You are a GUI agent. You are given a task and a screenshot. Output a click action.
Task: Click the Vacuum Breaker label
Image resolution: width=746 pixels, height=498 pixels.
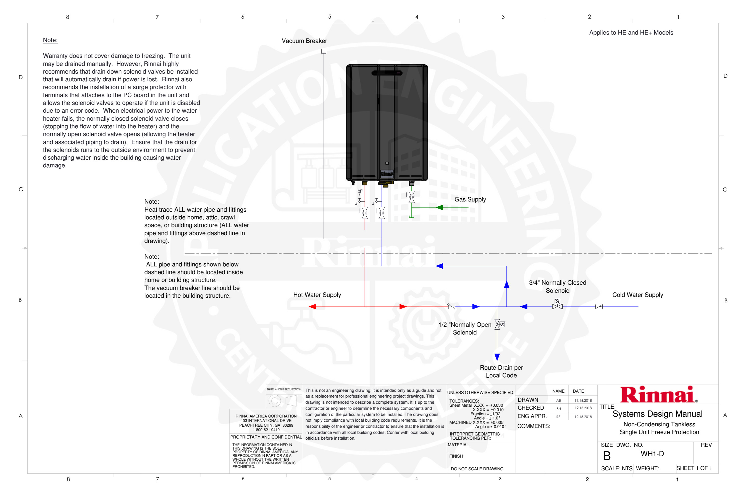click(x=304, y=41)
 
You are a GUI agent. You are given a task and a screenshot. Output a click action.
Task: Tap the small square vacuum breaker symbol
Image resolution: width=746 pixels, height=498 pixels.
click(x=324, y=51)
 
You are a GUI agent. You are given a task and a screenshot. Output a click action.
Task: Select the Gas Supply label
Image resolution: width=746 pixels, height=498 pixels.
click(x=470, y=199)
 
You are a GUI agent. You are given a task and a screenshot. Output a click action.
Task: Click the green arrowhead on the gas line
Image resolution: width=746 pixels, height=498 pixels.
click(x=439, y=207)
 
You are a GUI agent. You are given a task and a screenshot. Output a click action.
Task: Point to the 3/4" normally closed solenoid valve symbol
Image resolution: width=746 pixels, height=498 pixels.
click(x=557, y=305)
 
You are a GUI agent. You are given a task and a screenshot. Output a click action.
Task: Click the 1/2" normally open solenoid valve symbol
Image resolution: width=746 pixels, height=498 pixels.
click(x=498, y=324)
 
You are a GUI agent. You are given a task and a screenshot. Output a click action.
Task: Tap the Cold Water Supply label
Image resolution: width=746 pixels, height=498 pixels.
click(x=637, y=295)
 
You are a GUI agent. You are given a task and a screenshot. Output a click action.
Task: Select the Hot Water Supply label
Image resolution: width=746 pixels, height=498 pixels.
click(x=317, y=295)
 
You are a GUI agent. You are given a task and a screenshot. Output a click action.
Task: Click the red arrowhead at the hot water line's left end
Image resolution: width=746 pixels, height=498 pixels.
click(x=312, y=307)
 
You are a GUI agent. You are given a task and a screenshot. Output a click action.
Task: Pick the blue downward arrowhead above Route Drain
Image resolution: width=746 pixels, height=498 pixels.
click(x=497, y=357)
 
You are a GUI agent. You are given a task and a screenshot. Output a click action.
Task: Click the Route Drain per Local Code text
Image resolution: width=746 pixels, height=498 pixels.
click(x=501, y=371)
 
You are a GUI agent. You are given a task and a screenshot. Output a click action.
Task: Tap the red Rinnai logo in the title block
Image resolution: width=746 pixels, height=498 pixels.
click(x=658, y=395)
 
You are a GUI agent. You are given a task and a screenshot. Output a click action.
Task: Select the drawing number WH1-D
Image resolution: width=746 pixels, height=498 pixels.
click(x=652, y=453)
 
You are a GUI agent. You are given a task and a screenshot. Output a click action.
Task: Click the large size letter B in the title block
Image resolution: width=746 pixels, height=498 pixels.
click(x=606, y=456)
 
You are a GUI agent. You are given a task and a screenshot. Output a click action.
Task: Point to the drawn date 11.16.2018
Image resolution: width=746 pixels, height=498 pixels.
click(x=583, y=401)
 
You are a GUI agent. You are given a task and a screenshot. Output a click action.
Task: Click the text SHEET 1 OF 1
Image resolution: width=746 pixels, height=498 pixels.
click(x=694, y=468)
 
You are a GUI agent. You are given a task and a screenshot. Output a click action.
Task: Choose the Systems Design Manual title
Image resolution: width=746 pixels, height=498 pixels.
click(x=657, y=414)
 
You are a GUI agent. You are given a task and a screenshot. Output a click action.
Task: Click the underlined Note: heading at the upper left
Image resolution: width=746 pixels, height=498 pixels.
click(x=50, y=40)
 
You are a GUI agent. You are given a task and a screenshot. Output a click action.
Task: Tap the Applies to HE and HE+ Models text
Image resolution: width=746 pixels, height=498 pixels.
click(x=631, y=33)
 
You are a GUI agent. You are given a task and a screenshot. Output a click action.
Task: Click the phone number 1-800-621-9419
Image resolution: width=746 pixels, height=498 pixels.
click(x=266, y=430)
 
